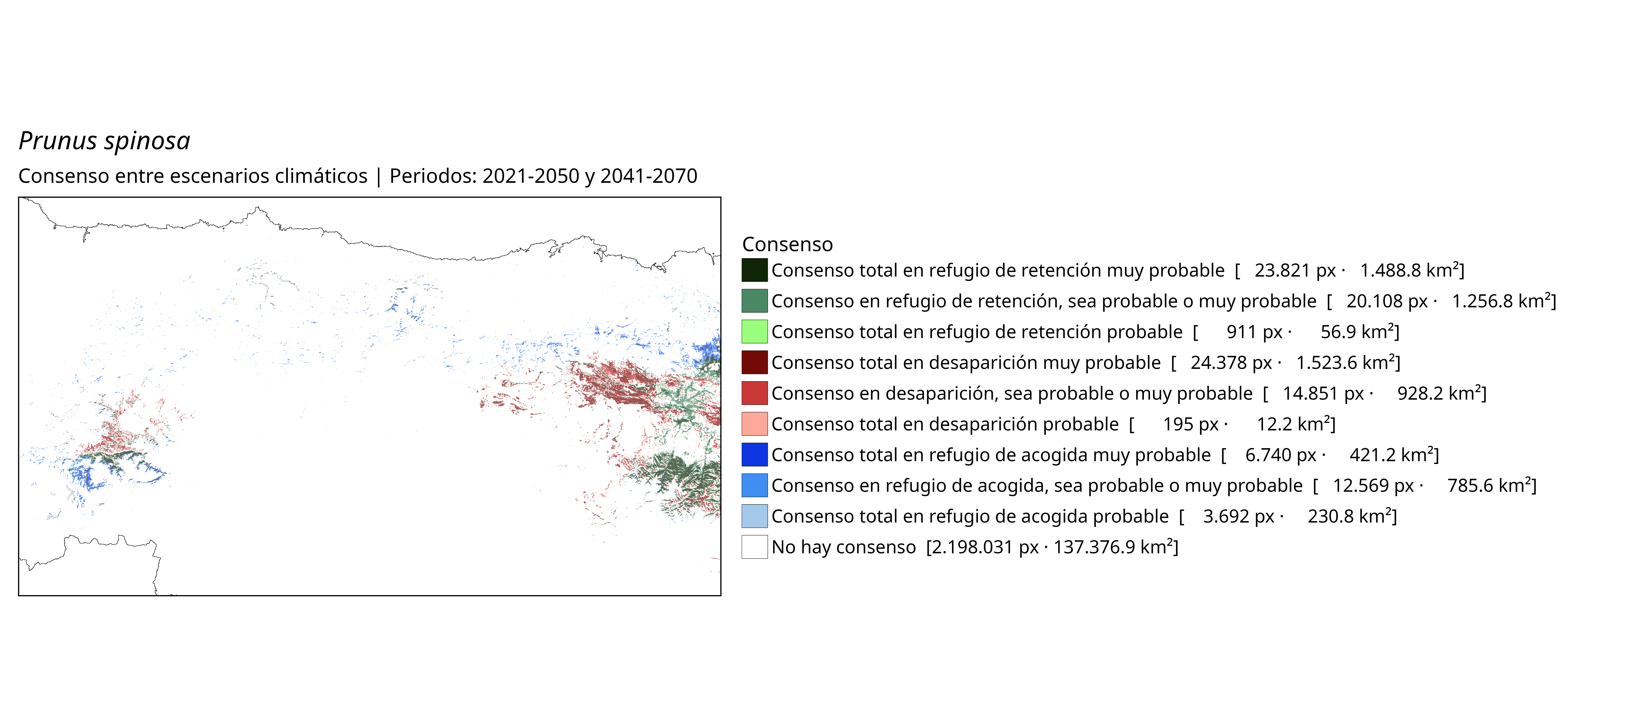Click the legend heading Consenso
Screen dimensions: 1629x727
pos(787,244)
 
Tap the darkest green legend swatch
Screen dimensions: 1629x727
pos(754,270)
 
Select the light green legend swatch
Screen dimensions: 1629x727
pos(754,331)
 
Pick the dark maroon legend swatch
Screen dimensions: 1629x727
pos(754,362)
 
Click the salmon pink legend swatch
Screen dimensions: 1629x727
pos(754,424)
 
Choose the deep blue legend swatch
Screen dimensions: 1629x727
pos(754,454)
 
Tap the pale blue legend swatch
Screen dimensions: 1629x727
pos(754,516)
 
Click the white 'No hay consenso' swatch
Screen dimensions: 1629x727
pos(754,547)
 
